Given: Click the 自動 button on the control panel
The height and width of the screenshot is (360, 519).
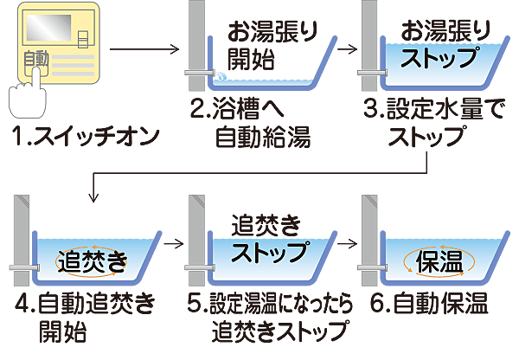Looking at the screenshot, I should click(x=36, y=59).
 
